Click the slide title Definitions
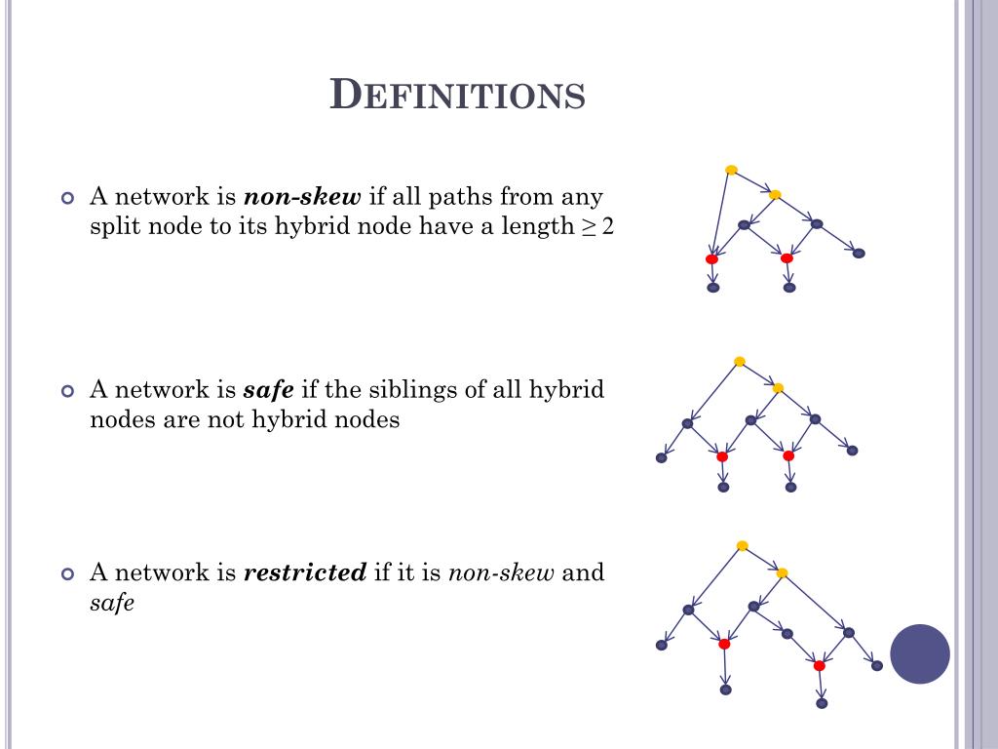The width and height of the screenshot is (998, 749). pyautogui.click(x=458, y=95)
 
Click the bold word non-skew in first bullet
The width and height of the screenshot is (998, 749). pyautogui.click(x=302, y=197)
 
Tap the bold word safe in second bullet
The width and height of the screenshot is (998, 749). pyautogui.click(x=268, y=390)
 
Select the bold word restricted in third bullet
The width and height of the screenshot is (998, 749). pyautogui.click(x=304, y=572)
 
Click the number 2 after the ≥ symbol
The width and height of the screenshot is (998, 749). pyautogui.click(x=608, y=227)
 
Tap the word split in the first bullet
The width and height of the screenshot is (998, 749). pyautogui.click(x=113, y=227)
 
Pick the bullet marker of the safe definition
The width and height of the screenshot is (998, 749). pyautogui.click(x=67, y=391)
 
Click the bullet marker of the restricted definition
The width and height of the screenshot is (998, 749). pyautogui.click(x=67, y=573)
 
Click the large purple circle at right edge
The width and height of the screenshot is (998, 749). pyautogui.click(x=920, y=653)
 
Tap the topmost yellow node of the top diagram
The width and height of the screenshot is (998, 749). pyautogui.click(x=731, y=170)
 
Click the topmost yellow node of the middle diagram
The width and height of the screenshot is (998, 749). pyautogui.click(x=740, y=362)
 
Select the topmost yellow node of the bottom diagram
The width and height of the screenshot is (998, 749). pyautogui.click(x=743, y=546)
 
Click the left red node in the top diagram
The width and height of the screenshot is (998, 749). pyautogui.click(x=711, y=258)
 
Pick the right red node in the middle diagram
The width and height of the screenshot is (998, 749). pyautogui.click(x=788, y=455)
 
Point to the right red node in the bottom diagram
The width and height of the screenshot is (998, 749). pyautogui.click(x=820, y=665)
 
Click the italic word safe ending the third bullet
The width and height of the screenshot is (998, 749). pyautogui.click(x=111, y=603)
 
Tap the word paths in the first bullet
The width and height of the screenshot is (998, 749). pyautogui.click(x=464, y=197)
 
